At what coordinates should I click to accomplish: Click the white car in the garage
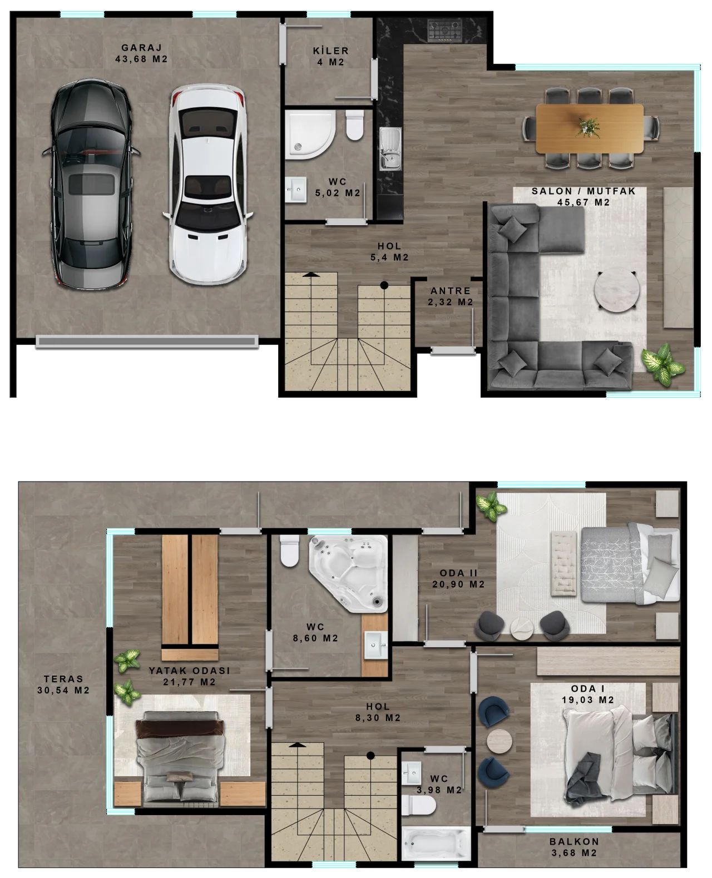point(208,184)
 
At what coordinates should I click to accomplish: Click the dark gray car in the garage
point(91,184)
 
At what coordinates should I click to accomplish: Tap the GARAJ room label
point(141,48)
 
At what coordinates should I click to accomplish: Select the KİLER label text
point(330,51)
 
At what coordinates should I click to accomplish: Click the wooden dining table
point(590,128)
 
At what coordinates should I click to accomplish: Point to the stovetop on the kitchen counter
point(444,31)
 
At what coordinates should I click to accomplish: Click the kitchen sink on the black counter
point(390,148)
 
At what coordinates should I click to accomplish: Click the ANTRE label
point(450,291)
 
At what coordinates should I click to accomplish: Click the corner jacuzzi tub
point(349,573)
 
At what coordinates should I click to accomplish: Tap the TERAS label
point(63,678)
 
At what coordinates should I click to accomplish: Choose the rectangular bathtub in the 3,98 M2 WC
point(436,845)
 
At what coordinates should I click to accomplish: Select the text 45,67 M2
point(583,202)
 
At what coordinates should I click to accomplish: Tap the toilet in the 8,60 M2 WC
point(289,550)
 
